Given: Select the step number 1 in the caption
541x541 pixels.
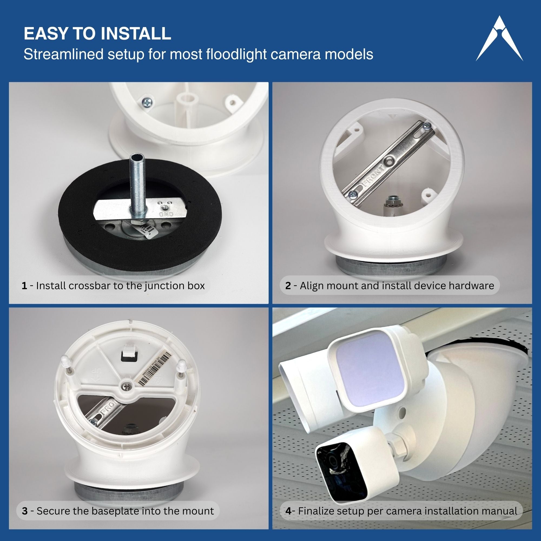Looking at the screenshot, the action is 24,286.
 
